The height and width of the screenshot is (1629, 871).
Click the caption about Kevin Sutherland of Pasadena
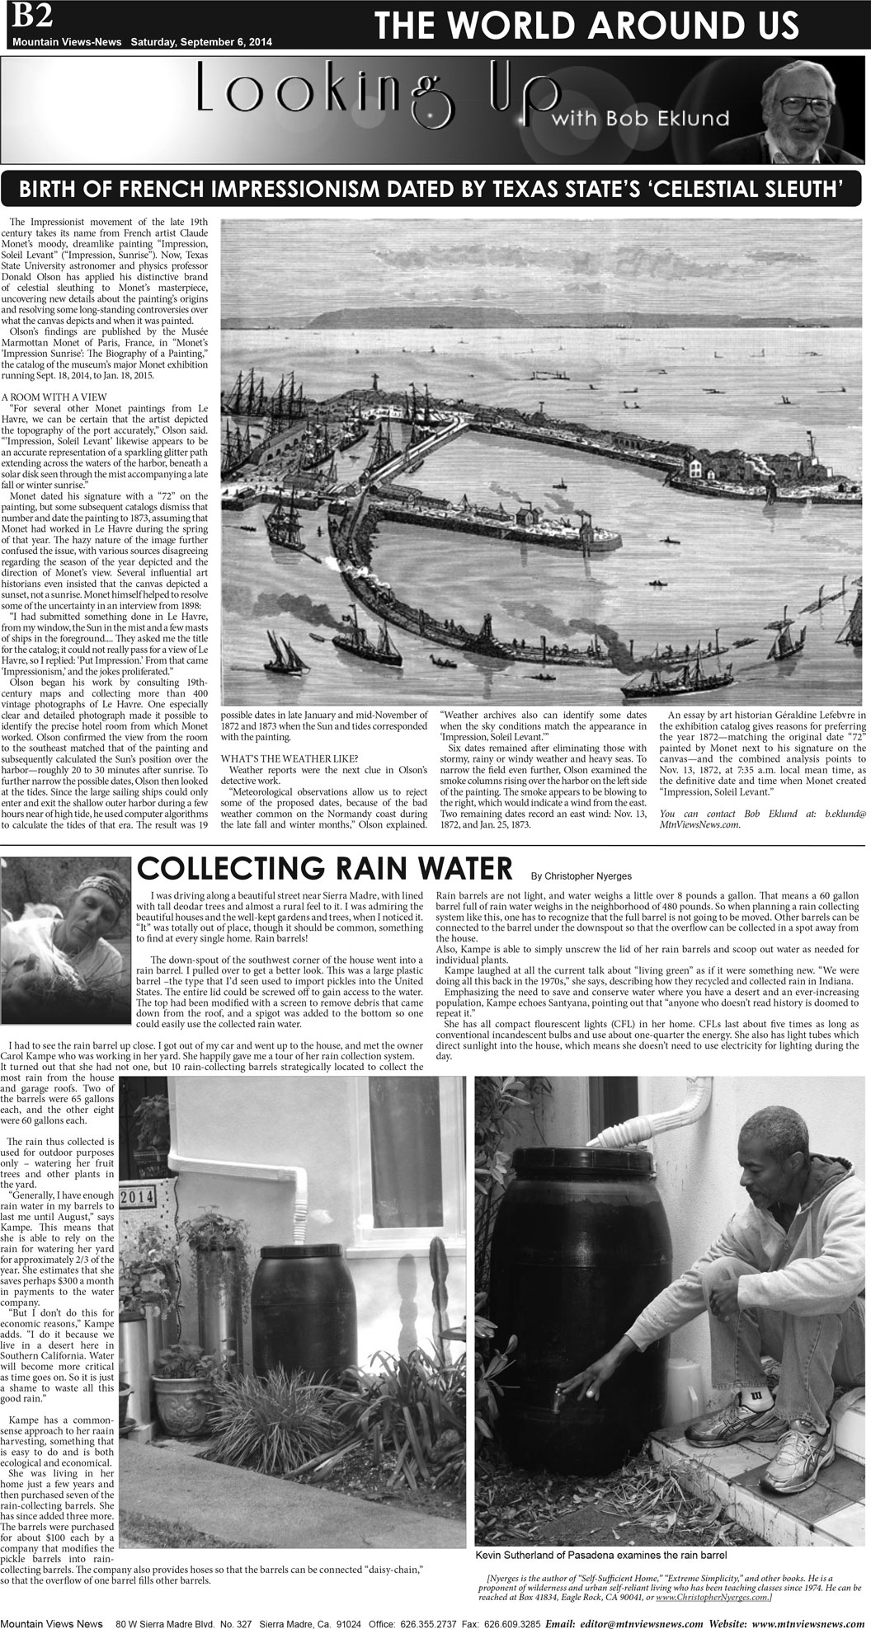point(588,1555)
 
